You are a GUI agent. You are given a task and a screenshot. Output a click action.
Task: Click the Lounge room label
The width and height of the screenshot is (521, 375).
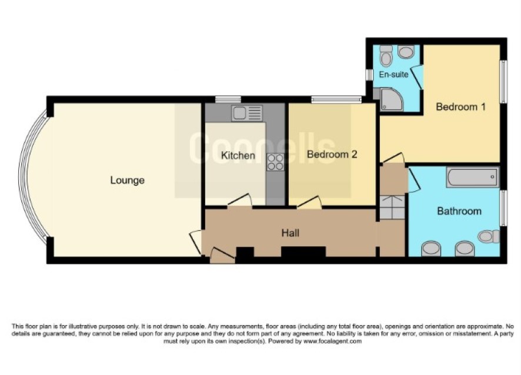(127, 180)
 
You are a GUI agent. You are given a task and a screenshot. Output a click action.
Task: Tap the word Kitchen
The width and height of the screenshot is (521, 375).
(238, 155)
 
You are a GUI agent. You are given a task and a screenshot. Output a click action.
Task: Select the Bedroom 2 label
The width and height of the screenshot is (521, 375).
(332, 154)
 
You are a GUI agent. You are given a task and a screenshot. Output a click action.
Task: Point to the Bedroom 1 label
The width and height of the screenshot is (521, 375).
(460, 106)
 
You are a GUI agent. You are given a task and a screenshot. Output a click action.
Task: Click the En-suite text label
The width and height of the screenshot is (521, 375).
(394, 74)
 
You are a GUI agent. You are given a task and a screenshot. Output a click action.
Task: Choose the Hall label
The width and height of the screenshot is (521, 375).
(290, 233)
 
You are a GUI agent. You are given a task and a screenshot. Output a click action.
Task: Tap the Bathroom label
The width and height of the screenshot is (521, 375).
(459, 211)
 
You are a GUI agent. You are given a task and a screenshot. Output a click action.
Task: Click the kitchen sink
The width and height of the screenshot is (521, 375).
(247, 113)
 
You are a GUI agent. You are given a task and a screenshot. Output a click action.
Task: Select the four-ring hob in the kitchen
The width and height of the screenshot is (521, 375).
(275, 162)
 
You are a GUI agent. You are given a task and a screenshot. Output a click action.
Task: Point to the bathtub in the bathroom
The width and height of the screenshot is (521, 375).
(473, 177)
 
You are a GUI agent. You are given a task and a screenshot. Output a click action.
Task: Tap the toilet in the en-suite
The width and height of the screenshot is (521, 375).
(386, 55)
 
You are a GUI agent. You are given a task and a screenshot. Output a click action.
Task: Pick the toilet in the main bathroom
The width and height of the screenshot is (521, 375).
(489, 236)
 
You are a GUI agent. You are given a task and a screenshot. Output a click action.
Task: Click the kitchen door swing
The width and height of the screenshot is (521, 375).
(240, 200)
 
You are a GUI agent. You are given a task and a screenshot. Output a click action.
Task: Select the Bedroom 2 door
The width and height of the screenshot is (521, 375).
(309, 202)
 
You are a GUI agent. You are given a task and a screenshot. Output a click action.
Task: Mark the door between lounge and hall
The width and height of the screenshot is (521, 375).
(195, 242)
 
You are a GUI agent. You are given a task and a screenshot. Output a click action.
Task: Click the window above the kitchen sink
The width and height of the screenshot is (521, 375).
(228, 99)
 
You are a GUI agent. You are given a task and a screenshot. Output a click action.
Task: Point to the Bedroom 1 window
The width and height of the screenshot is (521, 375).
(504, 82)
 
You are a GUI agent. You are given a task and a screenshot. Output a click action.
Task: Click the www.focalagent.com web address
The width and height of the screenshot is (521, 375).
(332, 341)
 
